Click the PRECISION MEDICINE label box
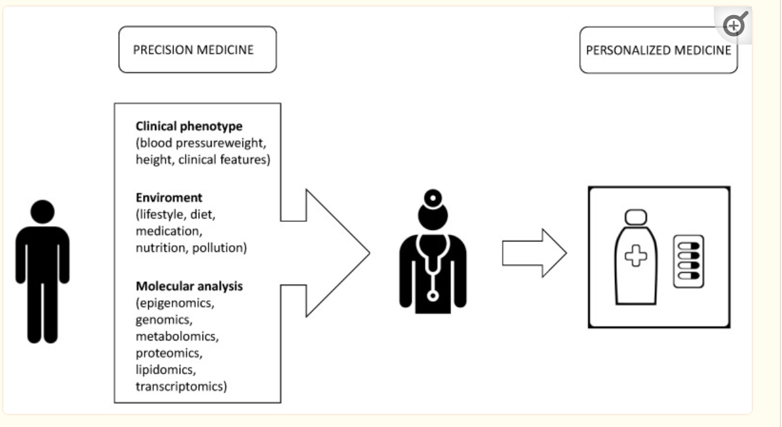[197, 50]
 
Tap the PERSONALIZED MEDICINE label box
[658, 51]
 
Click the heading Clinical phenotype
[189, 126]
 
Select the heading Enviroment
[169, 197]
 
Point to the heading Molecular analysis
[189, 287]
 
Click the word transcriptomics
[180, 386]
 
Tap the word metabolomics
[176, 336]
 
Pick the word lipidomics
[165, 370]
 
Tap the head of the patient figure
[43, 211]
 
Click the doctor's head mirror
[433, 198]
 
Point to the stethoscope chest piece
[433, 296]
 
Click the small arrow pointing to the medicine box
[534, 253]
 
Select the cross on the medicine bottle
[636, 256]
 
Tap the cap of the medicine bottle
[636, 217]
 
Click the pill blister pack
[688, 262]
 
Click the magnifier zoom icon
[735, 24]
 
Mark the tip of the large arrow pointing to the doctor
[370, 253]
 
